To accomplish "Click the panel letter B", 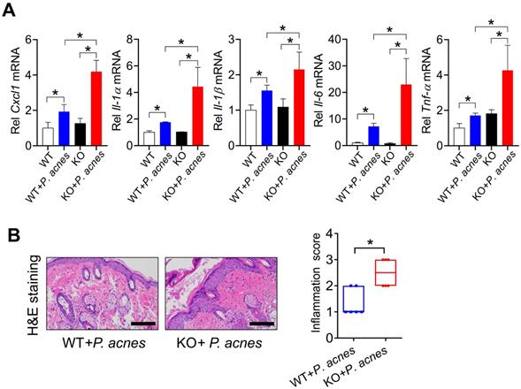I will click(x=11, y=238).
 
